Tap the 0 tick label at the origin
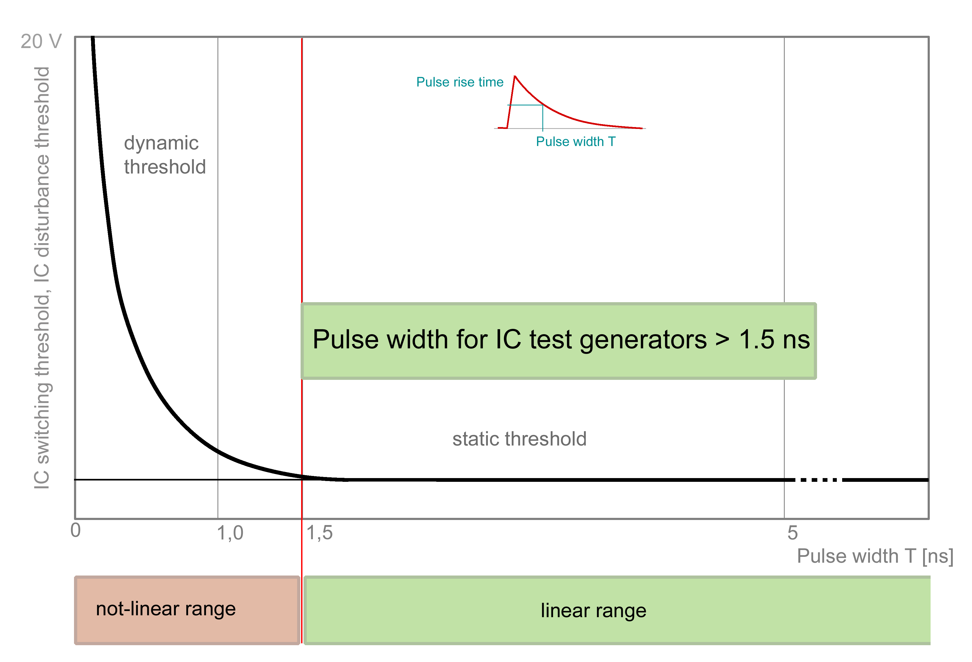pyautogui.click(x=76, y=530)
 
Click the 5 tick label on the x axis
pyautogui.click(x=792, y=533)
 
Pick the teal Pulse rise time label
pyautogui.click(x=460, y=82)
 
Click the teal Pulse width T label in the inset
pyautogui.click(x=576, y=142)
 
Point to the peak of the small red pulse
pyautogui.click(x=515, y=77)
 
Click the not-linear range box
pyautogui.click(x=187, y=610)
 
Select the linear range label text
pyautogui.click(x=593, y=610)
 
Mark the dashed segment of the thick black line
pyautogui.click(x=818, y=480)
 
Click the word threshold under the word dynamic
pyautogui.click(x=165, y=167)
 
